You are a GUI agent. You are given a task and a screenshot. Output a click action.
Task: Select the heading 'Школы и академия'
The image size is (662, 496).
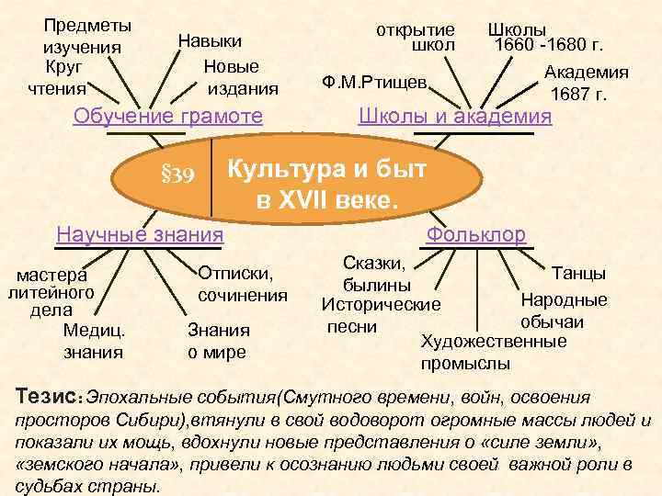(x=454, y=118)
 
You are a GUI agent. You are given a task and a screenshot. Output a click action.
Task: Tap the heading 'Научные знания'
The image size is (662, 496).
(x=140, y=234)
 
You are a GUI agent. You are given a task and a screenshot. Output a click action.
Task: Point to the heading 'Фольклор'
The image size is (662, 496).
(x=475, y=234)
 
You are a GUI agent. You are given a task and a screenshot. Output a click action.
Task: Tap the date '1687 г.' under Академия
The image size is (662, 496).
(x=578, y=95)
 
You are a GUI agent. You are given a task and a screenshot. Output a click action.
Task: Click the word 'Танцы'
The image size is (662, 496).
(x=578, y=273)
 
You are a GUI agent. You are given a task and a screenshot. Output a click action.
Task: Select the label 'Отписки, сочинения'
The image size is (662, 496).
(x=243, y=284)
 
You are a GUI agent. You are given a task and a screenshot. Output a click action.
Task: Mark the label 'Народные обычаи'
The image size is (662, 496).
(x=564, y=310)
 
